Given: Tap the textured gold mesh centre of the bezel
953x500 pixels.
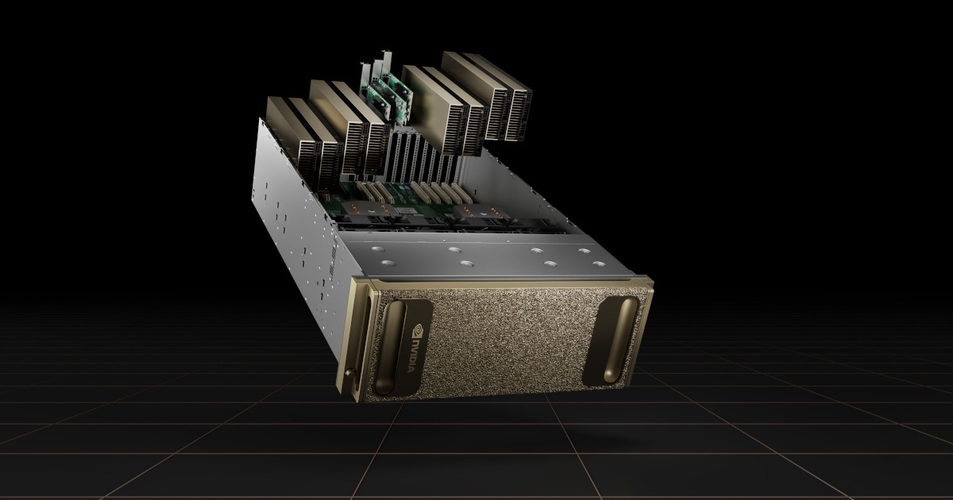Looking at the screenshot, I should [x=508, y=333].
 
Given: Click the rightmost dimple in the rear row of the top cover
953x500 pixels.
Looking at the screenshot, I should [x=585, y=252].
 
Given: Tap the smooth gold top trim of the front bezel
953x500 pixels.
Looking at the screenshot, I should [x=508, y=283].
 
